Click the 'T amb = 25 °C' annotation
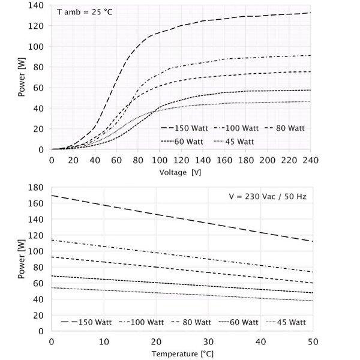pyautogui.click(x=82, y=13)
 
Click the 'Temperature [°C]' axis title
pyautogui.click(x=182, y=354)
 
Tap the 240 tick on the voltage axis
pyautogui.click(x=311, y=161)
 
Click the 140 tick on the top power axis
pyautogui.click(x=39, y=5)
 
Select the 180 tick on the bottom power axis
pyautogui.click(x=39, y=187)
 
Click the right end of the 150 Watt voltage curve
pyautogui.click(x=310, y=13)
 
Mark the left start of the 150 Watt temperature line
pyautogui.click(x=52, y=195)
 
